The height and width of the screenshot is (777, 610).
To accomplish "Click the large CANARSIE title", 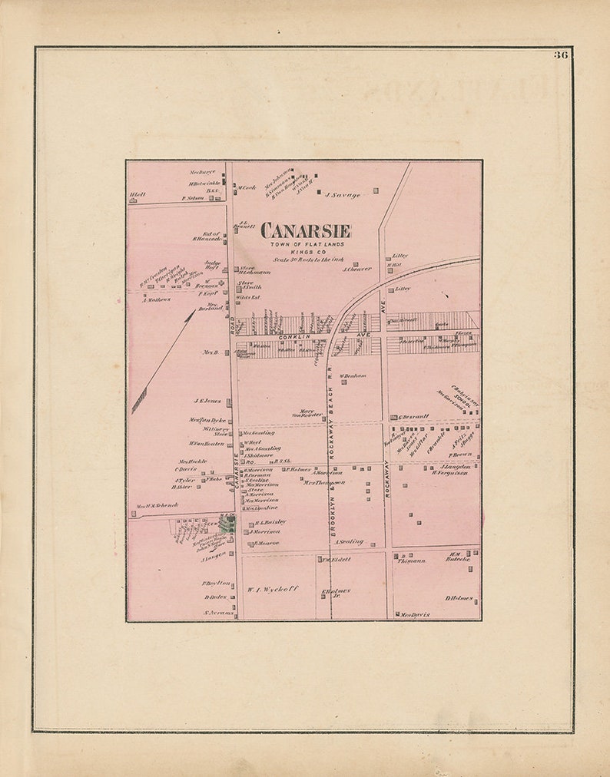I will click(306, 230).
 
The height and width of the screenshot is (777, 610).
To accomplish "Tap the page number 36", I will click(561, 55).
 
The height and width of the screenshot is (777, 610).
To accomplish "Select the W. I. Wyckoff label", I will click(272, 590).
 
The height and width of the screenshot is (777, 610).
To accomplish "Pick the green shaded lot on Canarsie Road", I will click(227, 524).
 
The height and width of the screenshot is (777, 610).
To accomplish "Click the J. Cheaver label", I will click(356, 269).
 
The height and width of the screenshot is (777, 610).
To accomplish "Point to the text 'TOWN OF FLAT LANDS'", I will click(306, 244).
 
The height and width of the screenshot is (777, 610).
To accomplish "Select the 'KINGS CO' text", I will click(306, 252).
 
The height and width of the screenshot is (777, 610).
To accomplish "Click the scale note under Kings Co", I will click(306, 260).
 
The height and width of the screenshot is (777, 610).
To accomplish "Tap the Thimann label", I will click(411, 560).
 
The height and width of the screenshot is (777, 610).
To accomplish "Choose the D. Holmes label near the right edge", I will click(459, 598).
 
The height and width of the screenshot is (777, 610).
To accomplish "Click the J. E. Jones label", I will click(207, 401).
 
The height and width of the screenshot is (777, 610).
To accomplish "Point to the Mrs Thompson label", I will click(323, 483).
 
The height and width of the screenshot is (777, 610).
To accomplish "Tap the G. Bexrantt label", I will click(413, 417).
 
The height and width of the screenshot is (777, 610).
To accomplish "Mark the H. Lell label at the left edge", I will click(138, 195).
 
